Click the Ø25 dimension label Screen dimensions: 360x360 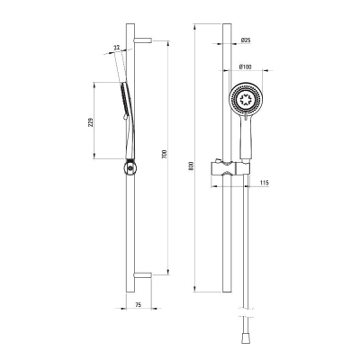coord(246,40)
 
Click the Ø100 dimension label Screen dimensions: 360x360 coord(246,67)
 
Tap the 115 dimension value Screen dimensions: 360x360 coord(265,183)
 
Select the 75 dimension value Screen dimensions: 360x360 coord(138,305)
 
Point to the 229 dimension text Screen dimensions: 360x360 coord(91,121)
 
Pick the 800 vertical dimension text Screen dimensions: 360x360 coord(192,166)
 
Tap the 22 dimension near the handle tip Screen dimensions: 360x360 coord(117,48)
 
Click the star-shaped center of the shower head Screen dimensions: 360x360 coord(246,98)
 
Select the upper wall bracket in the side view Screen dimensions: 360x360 coord(143,40)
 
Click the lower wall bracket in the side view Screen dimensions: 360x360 coord(143,274)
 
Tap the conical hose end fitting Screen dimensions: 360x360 coord(246,339)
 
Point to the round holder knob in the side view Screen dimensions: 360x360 coord(130,167)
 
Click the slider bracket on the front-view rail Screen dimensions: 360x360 coord(230,169)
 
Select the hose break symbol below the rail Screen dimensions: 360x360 coord(246,311)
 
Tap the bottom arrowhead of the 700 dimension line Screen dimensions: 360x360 coord(167,272)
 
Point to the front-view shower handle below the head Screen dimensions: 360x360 coord(246,137)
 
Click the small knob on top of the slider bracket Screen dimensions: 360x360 coord(219,160)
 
